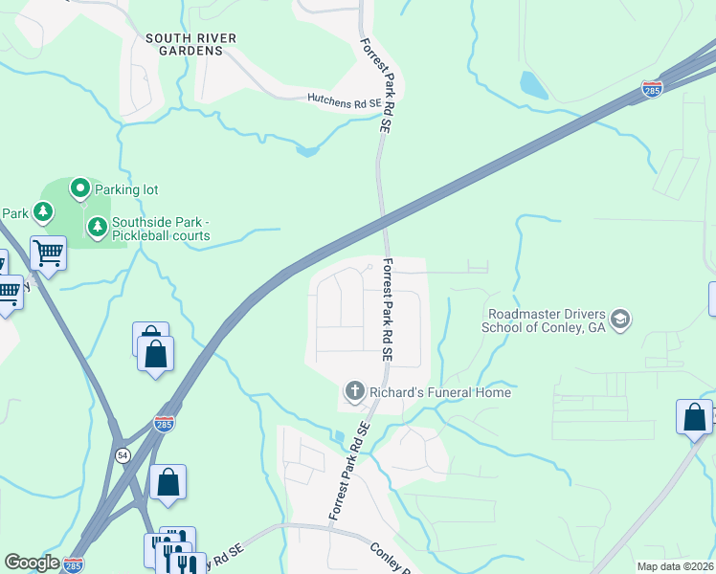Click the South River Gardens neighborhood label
point(190,45)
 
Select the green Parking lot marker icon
point(80,189)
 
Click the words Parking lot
point(124,189)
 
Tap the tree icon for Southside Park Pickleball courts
point(97,228)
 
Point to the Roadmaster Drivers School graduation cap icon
point(620,319)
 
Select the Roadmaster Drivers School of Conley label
point(545,320)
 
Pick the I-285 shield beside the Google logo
point(74,564)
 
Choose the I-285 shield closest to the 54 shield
point(165,423)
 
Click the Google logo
point(32,563)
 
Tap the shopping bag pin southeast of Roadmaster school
point(694,418)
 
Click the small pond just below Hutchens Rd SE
point(305,149)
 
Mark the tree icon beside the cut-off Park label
point(42,211)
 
